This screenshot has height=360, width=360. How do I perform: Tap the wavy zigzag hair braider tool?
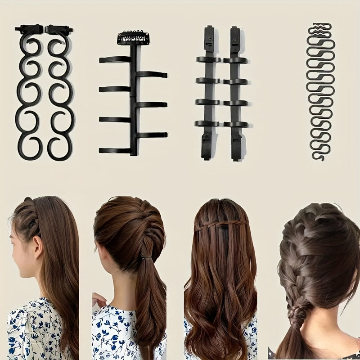coord(320,90)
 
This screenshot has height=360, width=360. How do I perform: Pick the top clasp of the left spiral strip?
coord(29,30)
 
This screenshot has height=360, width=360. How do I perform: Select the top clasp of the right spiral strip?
coord(59,30)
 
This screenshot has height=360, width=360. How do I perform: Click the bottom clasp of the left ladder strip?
coord(207,146)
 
